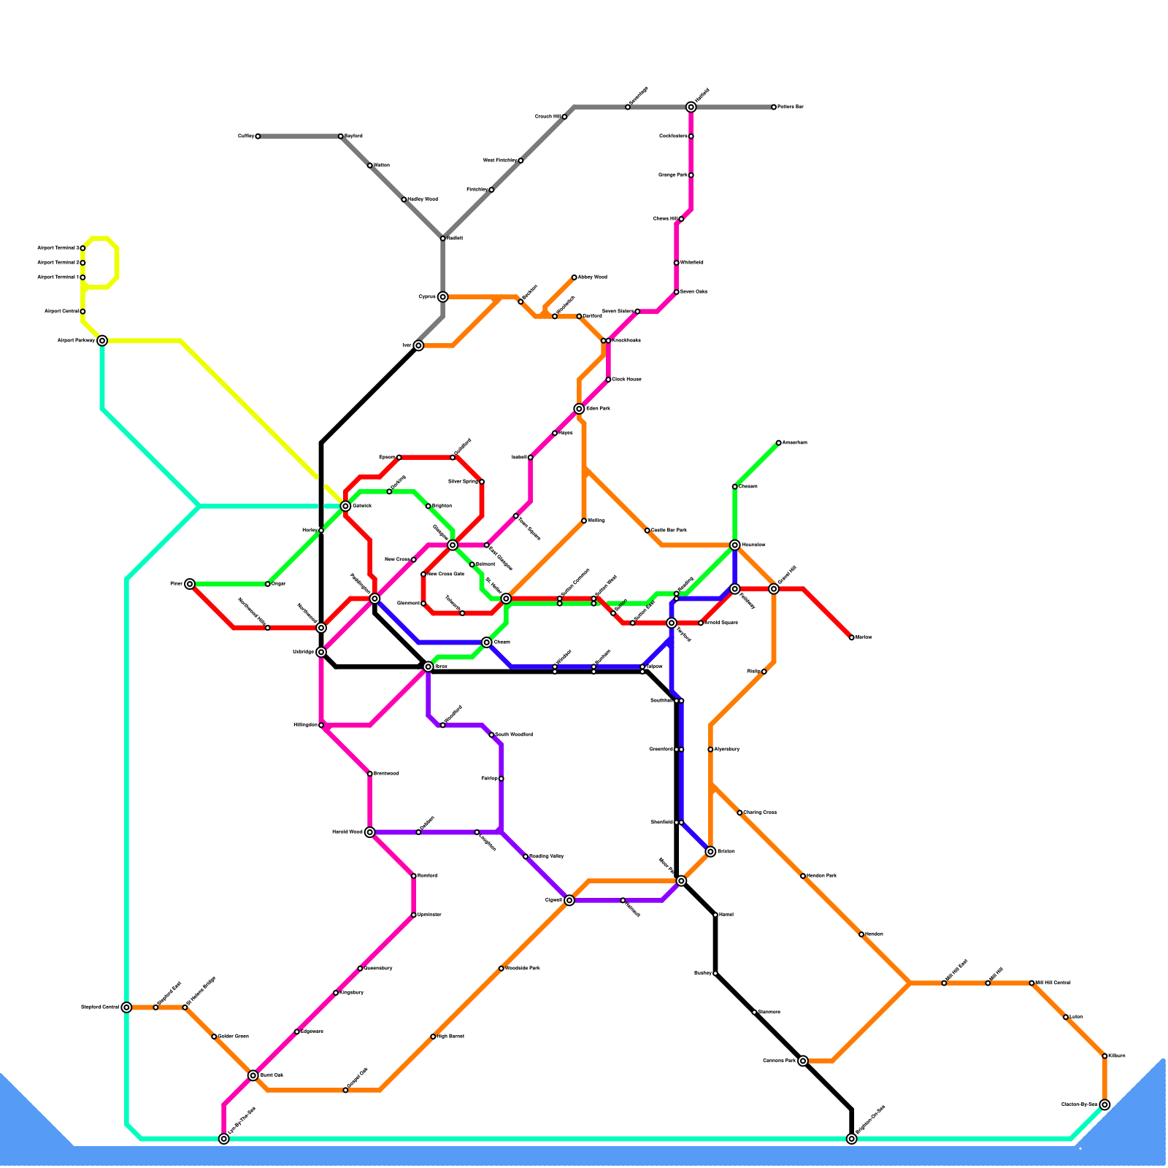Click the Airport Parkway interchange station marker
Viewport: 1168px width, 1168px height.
pos(102,340)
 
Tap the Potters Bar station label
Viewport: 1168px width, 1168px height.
pos(790,107)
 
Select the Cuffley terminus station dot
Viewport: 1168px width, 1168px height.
pos(258,137)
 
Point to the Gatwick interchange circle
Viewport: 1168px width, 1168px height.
pos(345,506)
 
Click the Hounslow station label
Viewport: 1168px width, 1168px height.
pos(753,545)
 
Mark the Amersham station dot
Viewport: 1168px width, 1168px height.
pos(779,442)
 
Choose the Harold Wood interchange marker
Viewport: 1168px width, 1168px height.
pos(370,832)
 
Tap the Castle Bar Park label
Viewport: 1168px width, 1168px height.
pos(669,530)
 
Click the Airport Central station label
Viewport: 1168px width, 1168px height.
pos(61,312)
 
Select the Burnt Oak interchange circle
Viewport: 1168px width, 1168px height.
pos(253,1075)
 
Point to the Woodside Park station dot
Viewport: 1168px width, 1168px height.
pos(502,969)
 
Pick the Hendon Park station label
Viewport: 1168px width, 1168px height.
pos(822,876)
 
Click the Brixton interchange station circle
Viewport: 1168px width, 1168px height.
pos(710,852)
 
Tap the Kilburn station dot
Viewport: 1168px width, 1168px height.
pos(1104,1056)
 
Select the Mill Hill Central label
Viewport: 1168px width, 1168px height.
pos(1053,983)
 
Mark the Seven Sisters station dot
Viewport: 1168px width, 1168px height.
pos(637,312)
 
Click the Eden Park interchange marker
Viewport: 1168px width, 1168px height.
pos(579,409)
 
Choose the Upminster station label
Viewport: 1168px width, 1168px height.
pos(429,915)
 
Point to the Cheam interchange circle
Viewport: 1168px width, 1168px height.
pos(487,642)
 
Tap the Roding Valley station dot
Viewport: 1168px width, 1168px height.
pos(526,856)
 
